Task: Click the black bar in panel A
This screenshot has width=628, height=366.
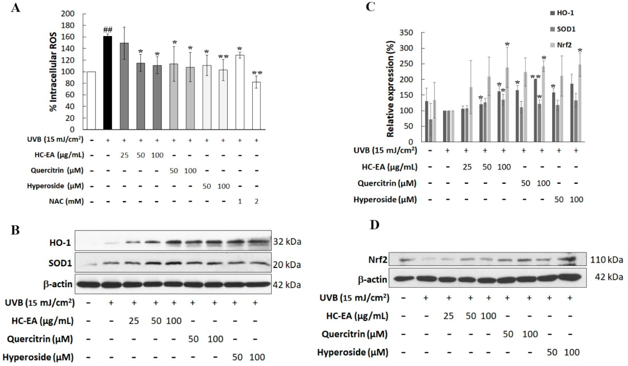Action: (108, 83)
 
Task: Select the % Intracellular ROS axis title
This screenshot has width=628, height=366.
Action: (53, 72)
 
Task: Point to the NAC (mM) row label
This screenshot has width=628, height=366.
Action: (66, 201)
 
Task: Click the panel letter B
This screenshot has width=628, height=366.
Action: (15, 231)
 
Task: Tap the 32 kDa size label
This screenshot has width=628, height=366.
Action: (287, 242)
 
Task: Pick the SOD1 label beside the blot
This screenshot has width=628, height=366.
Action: (61, 263)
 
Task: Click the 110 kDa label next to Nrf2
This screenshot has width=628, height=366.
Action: (606, 260)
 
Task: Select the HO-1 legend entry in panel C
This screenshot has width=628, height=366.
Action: (562, 13)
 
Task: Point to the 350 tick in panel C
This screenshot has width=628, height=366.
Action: (406, 33)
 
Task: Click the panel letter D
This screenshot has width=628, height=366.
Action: (374, 224)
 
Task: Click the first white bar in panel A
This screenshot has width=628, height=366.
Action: (91, 101)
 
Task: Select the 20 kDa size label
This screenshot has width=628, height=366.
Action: (287, 265)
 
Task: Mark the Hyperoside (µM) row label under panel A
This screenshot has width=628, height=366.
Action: (55, 186)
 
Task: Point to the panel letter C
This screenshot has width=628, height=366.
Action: (371, 7)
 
